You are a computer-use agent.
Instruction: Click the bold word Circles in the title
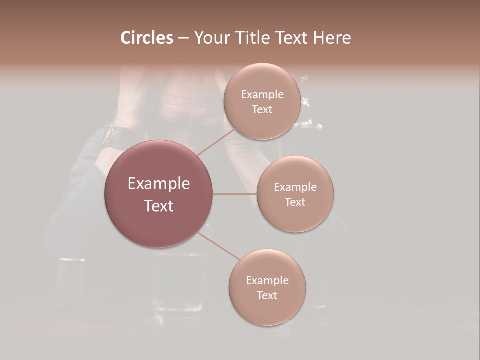pyautogui.click(x=146, y=38)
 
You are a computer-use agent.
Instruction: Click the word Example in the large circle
pyautogui.click(x=159, y=184)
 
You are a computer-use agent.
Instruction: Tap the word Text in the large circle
pyautogui.click(x=159, y=206)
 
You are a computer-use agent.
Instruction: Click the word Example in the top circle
pyautogui.click(x=262, y=95)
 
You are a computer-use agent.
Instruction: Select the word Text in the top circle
pyautogui.click(x=262, y=110)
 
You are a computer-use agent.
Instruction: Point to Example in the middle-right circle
pyautogui.click(x=295, y=187)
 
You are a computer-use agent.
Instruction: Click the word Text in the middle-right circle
pyautogui.click(x=295, y=202)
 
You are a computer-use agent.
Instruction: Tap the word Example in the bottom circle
pyautogui.click(x=267, y=281)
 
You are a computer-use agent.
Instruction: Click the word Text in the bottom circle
pyautogui.click(x=267, y=296)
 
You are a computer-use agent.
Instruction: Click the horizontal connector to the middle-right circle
pyautogui.click(x=235, y=194)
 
